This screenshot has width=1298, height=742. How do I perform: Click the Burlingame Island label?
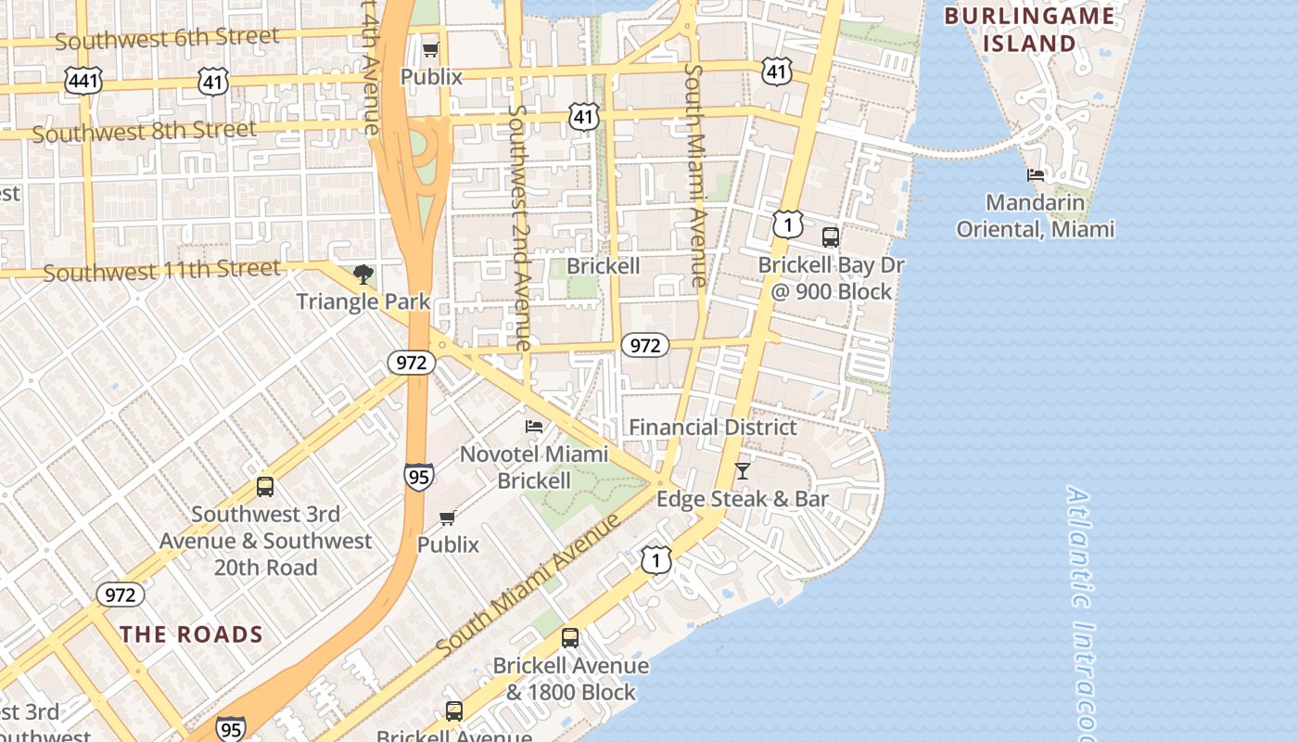point(1029,29)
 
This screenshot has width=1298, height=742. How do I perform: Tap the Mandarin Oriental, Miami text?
point(1035,215)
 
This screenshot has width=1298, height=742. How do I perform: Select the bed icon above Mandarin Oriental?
point(1036,174)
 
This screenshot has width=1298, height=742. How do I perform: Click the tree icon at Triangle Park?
point(363,275)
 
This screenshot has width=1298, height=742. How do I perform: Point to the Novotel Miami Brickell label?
point(534,467)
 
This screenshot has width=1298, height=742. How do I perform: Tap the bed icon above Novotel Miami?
point(534,427)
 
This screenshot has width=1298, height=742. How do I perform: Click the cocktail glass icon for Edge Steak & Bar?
point(742,471)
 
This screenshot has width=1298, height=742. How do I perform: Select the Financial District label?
point(712,428)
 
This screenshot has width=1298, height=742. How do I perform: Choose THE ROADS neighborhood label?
point(192,634)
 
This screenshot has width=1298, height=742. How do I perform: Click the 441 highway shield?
point(83,81)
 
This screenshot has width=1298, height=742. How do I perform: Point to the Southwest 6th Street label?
point(167,39)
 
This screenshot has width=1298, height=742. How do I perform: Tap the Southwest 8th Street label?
point(144,131)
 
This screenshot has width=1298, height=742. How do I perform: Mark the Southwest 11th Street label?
point(161,271)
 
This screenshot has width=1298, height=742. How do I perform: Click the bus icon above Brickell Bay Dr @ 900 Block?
point(831,237)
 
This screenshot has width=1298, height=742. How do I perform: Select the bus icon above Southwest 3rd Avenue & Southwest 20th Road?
point(265,487)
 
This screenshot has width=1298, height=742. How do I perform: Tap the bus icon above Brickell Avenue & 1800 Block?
point(570,638)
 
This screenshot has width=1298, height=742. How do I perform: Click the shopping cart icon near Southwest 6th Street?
point(430,49)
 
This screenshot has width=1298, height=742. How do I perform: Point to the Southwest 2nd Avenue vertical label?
point(519,227)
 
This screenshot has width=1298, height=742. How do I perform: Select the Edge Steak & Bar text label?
point(742,499)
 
